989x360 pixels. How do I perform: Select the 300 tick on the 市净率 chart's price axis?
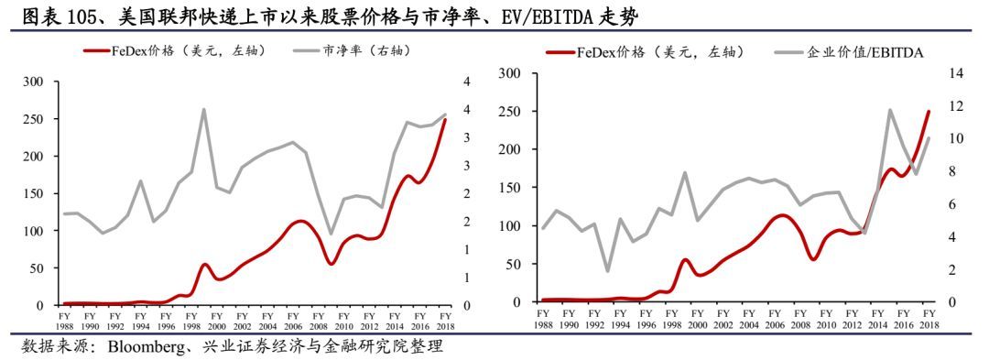(33, 82)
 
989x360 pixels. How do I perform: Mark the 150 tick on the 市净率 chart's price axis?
(33, 194)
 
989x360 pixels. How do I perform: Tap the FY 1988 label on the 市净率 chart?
(64, 321)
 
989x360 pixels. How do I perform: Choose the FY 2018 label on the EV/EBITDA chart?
(929, 320)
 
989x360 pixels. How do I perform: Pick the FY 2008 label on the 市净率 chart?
(318, 321)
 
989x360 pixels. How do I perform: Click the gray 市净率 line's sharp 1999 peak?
(202, 109)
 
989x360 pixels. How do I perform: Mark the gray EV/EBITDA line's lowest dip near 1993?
(605, 271)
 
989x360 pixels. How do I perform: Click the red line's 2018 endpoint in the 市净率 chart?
(445, 120)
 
